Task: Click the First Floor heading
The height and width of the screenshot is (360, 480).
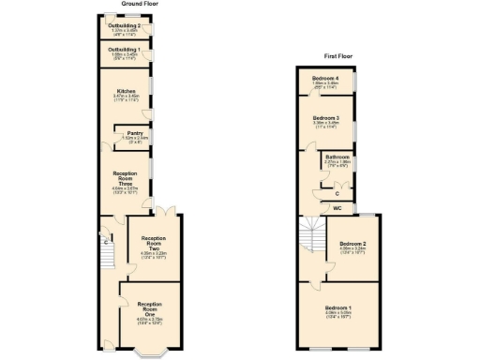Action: [337, 56]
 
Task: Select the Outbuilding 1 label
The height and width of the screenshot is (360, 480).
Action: [125, 50]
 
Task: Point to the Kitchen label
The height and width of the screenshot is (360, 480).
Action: [125, 93]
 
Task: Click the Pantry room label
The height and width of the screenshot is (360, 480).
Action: [135, 135]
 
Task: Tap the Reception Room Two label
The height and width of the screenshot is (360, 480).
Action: [153, 244]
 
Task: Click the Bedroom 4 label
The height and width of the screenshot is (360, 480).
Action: [325, 78]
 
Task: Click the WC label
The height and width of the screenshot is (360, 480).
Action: [337, 207]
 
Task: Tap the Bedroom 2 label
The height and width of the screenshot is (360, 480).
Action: [351, 245]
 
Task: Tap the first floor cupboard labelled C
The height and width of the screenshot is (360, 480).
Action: [337, 192]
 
